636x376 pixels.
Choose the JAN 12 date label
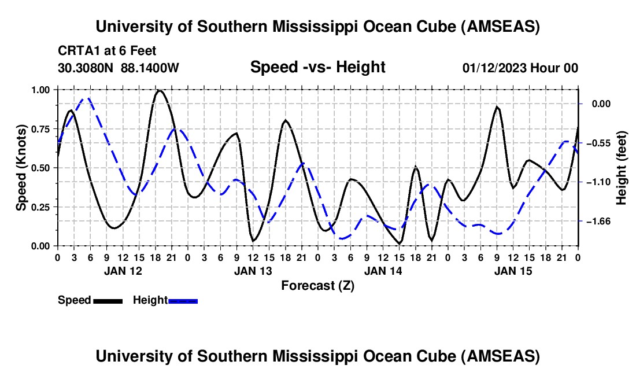point(123,270)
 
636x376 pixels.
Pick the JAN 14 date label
point(383,270)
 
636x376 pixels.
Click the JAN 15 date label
point(513,270)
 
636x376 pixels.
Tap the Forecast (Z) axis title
point(317,285)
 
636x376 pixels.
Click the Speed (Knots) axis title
point(21,167)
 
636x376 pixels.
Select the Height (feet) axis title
point(622,167)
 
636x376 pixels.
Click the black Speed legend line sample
point(108,301)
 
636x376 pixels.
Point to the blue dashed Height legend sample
point(183,301)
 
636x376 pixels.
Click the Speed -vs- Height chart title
point(317,68)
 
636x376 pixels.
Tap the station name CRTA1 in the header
point(77,51)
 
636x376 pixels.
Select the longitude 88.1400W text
point(150,68)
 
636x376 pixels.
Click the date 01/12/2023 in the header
point(495,68)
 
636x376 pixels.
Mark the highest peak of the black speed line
point(160,90)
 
